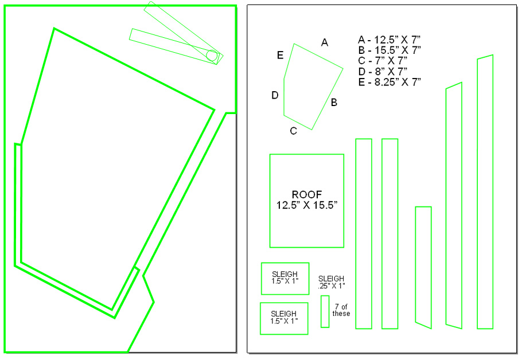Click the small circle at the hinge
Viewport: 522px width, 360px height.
(211, 56)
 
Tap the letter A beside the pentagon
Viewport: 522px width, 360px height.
(325, 42)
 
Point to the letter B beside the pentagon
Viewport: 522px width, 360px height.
(334, 103)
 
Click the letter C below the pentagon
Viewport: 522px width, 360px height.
(293, 131)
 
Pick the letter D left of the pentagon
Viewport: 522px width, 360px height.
(275, 95)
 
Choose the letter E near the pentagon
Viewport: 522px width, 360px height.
(280, 55)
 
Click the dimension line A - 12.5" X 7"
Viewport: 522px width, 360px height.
(389, 40)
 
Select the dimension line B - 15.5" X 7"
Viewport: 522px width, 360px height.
(389, 50)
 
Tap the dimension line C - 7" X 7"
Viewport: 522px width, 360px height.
(383, 61)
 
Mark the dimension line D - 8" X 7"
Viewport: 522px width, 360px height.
(383, 71)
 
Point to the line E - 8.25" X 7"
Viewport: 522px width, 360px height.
(389, 82)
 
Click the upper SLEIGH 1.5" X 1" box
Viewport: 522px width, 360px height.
(285, 279)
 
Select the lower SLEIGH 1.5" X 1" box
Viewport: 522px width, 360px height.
(284, 318)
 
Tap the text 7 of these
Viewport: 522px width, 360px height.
(341, 310)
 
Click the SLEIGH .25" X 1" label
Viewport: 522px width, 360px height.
(332, 282)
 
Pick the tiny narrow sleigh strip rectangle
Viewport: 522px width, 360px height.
(325, 311)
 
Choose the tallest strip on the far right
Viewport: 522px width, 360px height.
(485, 192)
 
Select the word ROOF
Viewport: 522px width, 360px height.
(307, 194)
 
